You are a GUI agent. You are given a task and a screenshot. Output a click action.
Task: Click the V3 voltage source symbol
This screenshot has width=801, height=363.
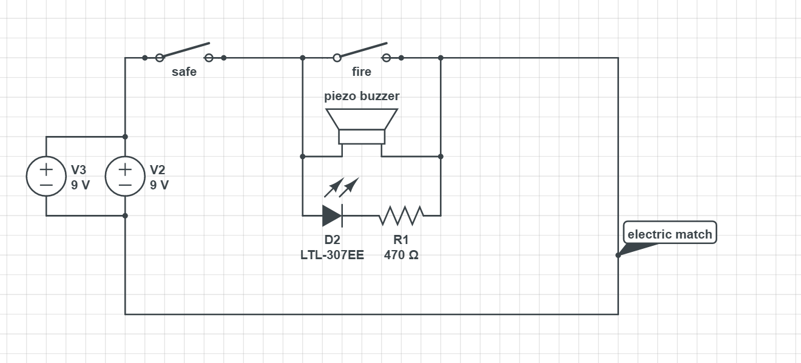click(x=46, y=176)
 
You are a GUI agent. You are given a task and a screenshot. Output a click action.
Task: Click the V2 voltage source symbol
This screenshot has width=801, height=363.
click(x=125, y=176)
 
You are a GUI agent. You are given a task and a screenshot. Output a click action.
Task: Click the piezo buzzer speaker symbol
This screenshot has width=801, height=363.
click(x=362, y=126)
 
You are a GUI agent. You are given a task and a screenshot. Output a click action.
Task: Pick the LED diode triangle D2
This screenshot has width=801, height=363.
click(x=332, y=215)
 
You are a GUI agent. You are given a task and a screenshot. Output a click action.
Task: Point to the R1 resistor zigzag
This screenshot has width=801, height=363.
click(x=401, y=215)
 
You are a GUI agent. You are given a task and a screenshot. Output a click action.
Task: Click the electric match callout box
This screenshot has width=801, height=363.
click(x=670, y=234)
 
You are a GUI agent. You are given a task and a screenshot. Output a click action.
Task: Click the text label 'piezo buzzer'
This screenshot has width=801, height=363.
click(x=362, y=96)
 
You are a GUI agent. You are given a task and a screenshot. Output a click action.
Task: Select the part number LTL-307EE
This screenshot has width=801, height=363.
click(x=332, y=255)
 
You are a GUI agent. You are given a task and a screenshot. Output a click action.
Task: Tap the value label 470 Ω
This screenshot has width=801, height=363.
click(x=401, y=255)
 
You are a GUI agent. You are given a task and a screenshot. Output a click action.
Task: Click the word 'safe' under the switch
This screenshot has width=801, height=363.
click(x=184, y=72)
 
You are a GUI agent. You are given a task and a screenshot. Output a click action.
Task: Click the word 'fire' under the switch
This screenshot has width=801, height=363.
click(x=362, y=72)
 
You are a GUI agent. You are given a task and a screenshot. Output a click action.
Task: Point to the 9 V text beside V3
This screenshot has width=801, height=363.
click(x=80, y=185)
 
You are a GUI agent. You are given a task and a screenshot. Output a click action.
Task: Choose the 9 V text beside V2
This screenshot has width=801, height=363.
click(x=159, y=185)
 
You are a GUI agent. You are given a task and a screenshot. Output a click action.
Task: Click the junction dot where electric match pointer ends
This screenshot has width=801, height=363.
click(x=618, y=255)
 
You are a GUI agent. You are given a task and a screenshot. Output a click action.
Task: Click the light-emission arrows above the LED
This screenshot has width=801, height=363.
click(x=341, y=188)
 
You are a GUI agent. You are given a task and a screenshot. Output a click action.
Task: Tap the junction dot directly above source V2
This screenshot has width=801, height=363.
click(x=125, y=137)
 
